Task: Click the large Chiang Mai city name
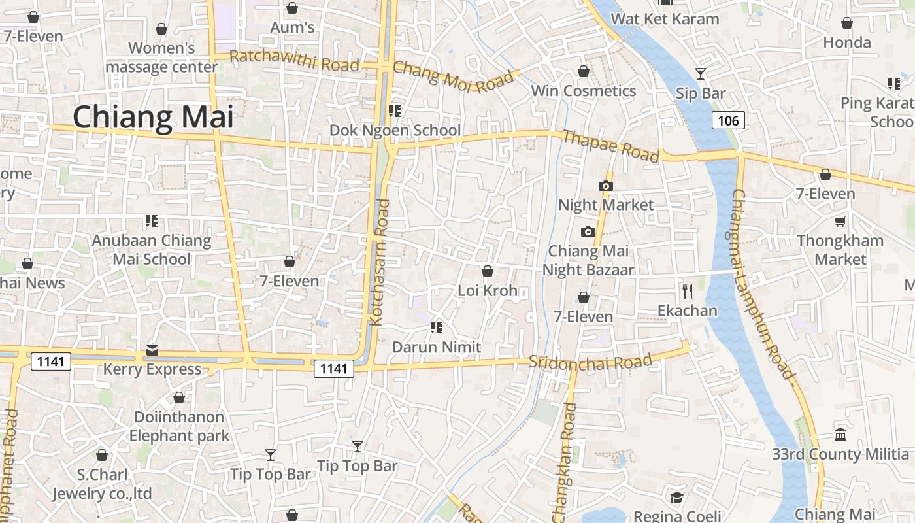153,118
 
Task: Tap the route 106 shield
727,120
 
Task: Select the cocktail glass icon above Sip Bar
701,74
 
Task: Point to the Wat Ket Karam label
665,19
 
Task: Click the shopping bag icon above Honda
847,24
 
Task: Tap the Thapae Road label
610,146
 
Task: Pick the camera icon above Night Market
606,186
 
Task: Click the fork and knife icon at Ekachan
687,291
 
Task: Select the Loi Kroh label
488,290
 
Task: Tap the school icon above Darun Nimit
437,328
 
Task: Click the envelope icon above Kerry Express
152,350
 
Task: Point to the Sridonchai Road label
590,362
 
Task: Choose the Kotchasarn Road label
380,261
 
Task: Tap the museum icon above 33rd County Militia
840,434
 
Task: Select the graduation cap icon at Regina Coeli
676,498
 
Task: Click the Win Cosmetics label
583,91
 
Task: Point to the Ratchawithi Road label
295,60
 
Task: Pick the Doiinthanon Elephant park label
179,426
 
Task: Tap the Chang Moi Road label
454,76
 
